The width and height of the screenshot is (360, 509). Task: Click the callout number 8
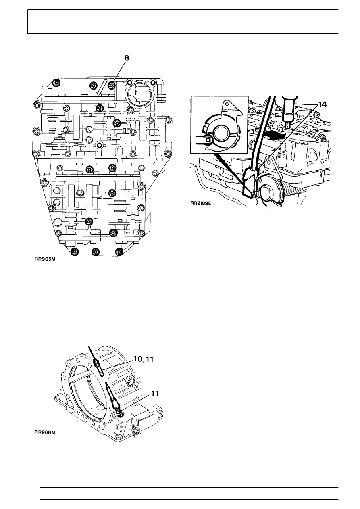[x=127, y=58]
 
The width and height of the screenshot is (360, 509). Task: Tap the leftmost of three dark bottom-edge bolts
[x=75, y=252]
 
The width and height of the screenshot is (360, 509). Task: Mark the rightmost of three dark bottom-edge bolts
[x=119, y=252]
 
